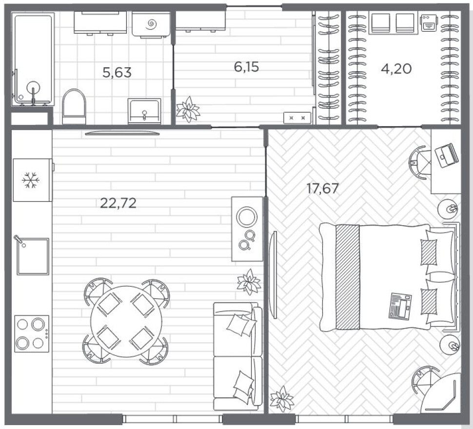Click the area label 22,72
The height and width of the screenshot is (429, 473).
click(118, 203)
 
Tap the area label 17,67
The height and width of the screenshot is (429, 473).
click(322, 189)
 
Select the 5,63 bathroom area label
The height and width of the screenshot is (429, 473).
click(117, 72)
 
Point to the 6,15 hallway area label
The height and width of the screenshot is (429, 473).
click(246, 67)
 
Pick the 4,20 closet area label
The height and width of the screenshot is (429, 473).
click(396, 69)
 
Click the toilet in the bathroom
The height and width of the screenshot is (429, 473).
click(74, 106)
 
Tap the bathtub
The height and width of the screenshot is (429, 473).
click(33, 59)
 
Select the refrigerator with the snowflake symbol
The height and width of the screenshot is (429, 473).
click(33, 180)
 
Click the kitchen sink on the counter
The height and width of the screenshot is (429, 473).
click(33, 256)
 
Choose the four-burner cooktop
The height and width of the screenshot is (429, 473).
click(32, 334)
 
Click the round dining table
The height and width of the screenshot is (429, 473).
click(126, 321)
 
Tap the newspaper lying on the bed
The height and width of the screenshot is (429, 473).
click(400, 306)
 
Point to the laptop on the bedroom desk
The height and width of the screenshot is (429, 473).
click(447, 155)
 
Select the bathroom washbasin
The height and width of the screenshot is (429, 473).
click(144, 111)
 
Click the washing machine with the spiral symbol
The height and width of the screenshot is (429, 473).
click(151, 25)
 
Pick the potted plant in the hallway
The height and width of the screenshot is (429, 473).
click(188, 109)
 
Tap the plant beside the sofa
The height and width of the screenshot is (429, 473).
click(249, 282)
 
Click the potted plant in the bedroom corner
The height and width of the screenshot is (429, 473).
click(282, 399)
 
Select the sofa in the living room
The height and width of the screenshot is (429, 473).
click(237, 356)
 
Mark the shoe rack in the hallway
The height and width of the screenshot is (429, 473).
click(297, 118)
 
